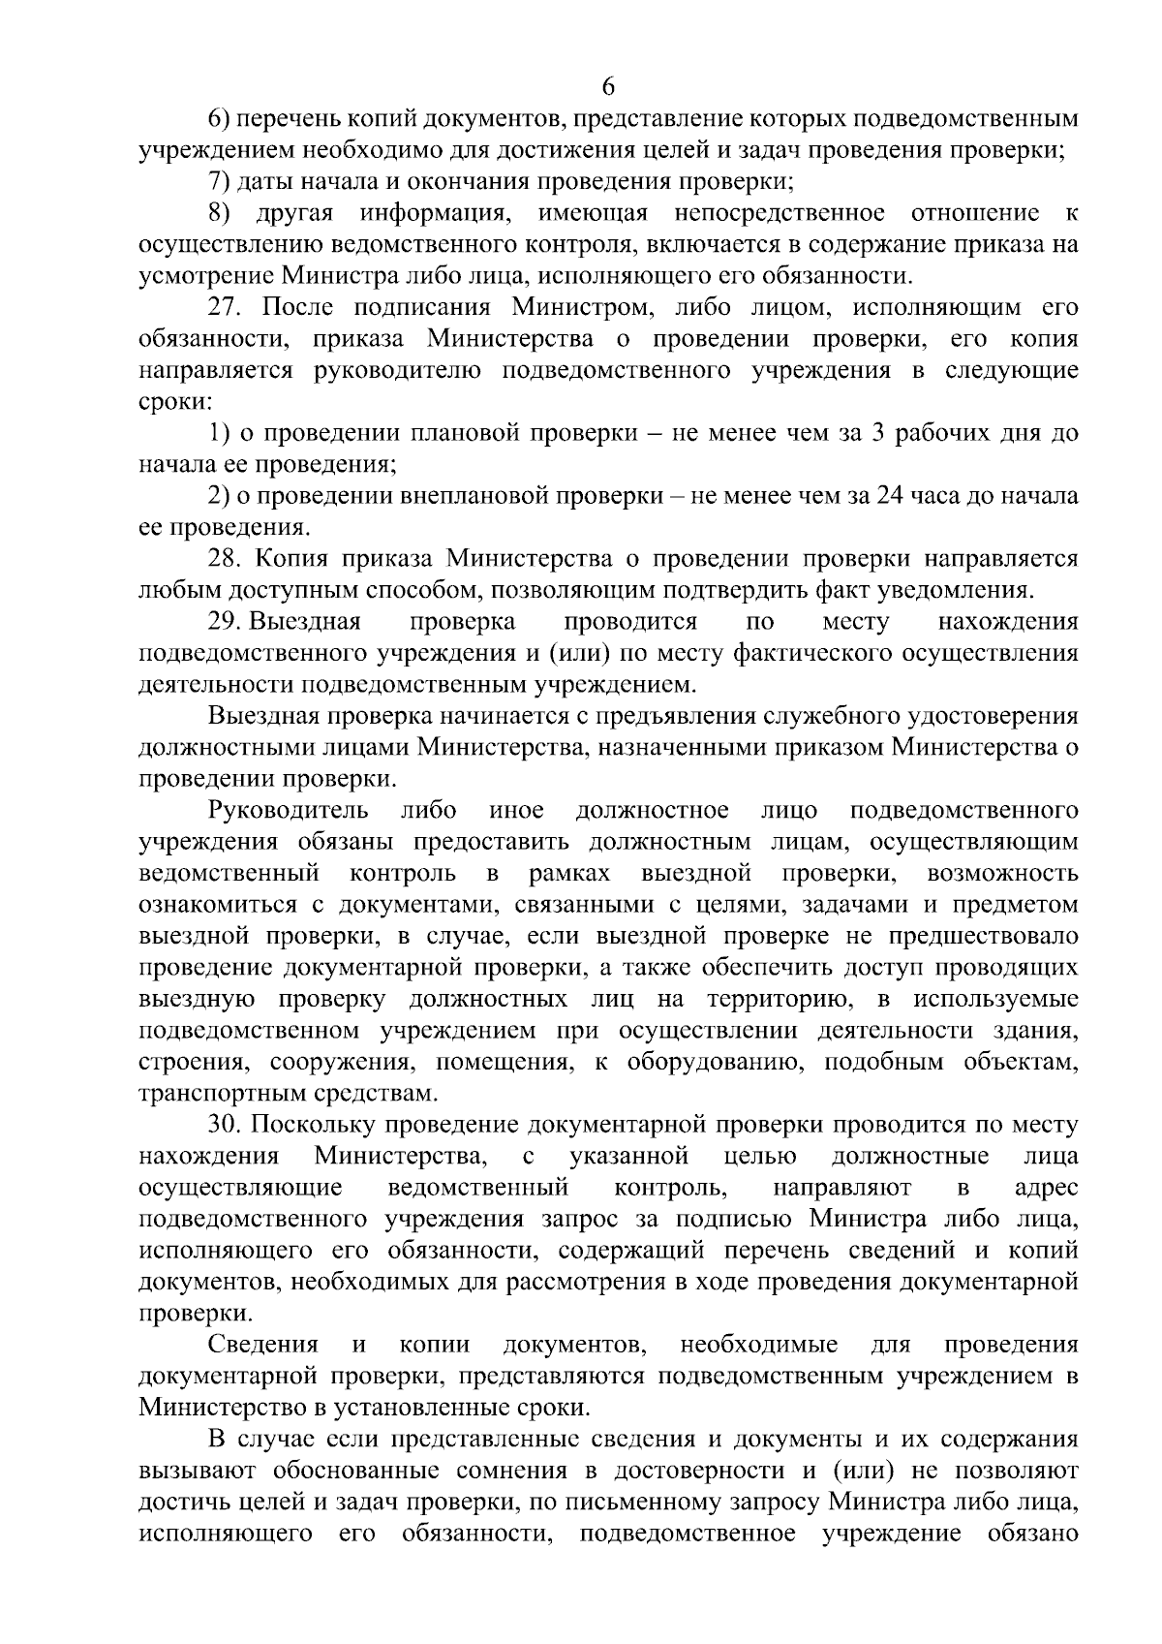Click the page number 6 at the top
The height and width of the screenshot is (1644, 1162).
click(608, 86)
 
